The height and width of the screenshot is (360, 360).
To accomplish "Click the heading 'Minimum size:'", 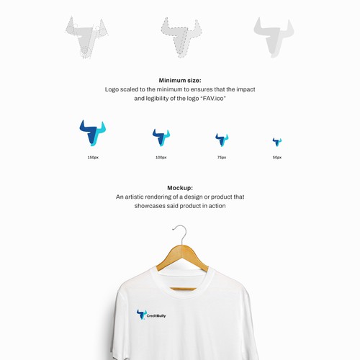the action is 180,81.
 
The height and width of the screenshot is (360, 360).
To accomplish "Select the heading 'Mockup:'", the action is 180,187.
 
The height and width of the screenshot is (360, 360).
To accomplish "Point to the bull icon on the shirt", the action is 141,315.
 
